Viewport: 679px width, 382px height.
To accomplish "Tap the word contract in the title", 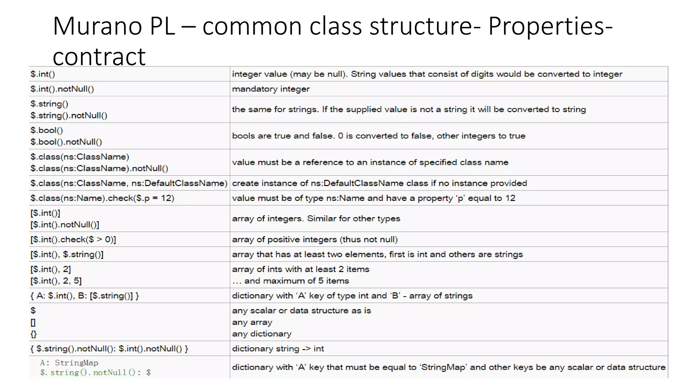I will click(x=99, y=56).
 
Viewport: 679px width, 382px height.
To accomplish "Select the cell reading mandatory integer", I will click(x=271, y=89).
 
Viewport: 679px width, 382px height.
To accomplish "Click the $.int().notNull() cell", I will click(x=62, y=89).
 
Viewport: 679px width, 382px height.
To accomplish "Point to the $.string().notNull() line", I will click(x=69, y=115).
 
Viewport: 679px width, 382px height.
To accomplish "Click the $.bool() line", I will click(x=47, y=130).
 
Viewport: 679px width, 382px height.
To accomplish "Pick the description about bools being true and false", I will click(x=378, y=136).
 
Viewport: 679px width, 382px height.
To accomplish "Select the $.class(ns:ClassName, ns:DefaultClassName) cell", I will click(x=129, y=183).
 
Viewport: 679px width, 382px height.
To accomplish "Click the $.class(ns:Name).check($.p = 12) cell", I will click(x=102, y=198).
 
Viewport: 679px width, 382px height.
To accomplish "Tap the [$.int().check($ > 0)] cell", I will click(x=73, y=239).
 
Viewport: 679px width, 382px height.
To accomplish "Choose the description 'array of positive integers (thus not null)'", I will click(x=315, y=239).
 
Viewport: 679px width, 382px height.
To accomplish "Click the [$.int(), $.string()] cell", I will click(x=67, y=254).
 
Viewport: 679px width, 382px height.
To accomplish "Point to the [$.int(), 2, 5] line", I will click(x=56, y=281).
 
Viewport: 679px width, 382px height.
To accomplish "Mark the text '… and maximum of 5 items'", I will click(x=290, y=281).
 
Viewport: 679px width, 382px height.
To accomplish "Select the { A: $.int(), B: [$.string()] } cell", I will click(x=85, y=295).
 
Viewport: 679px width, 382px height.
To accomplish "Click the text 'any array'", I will click(x=252, y=322).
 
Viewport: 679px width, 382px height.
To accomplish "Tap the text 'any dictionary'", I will click(x=262, y=334).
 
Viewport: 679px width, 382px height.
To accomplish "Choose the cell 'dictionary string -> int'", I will click(x=278, y=349).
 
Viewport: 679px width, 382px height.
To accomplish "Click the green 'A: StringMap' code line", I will click(x=69, y=363).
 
